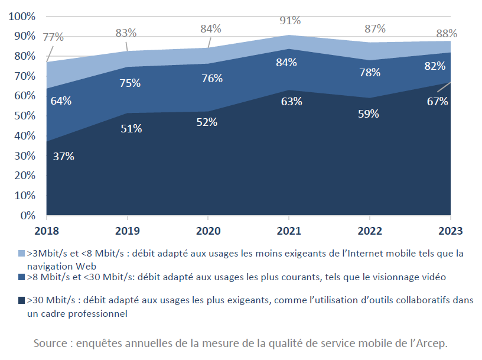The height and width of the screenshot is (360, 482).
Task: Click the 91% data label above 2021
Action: coord(290,21)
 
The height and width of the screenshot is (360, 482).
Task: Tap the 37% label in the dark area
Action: coord(63,157)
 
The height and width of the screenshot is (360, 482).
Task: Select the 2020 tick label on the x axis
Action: coord(208,231)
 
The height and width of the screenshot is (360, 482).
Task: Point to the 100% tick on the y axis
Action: coord(22,16)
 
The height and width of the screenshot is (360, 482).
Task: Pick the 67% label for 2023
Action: coord(437,101)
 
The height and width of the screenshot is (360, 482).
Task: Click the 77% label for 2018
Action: coord(53,37)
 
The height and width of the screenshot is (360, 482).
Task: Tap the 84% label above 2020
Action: coord(210,28)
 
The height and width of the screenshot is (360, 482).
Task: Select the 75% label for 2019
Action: coord(129,83)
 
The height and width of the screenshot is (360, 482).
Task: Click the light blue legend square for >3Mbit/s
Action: coord(21,253)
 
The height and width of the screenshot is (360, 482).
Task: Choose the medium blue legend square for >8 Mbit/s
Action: coord(21,277)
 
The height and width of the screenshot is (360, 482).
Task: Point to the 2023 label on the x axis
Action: coord(451,231)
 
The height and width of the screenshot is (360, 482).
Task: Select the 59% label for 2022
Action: coord(368,114)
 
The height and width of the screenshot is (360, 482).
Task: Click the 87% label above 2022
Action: coord(374,28)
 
